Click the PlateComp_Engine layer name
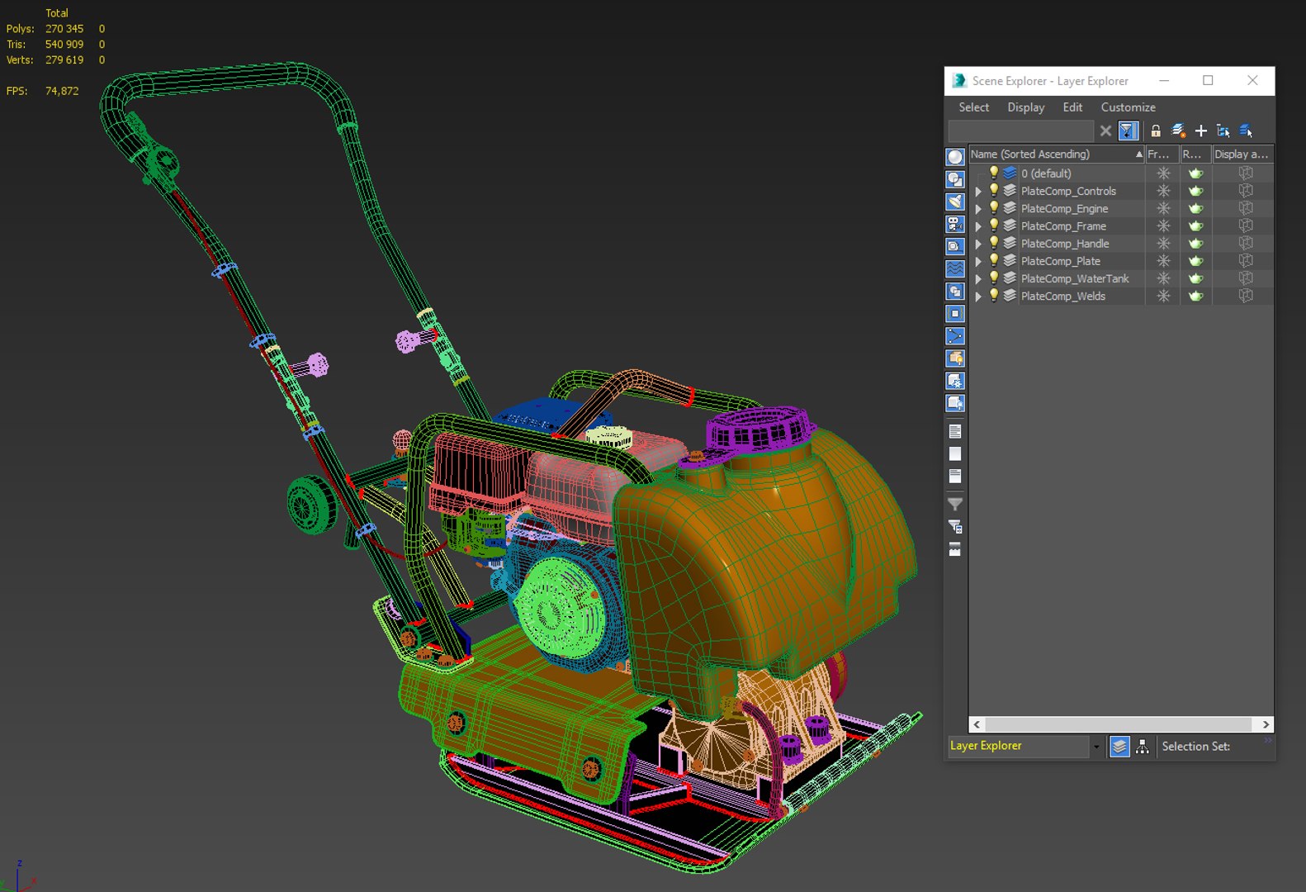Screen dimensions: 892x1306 click(1064, 209)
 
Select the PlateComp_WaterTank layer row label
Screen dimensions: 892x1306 click(1074, 279)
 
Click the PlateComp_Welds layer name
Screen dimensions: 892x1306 click(1062, 297)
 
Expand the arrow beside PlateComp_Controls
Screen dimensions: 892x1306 click(978, 192)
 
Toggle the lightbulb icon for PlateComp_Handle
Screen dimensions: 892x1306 click(994, 243)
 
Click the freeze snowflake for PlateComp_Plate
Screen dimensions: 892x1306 click(1163, 261)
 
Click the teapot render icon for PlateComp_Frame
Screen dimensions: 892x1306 click(1195, 226)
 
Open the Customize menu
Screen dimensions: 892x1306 click(1128, 107)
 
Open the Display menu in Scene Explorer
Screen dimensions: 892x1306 click(1025, 107)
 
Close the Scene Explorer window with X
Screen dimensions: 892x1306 click(1252, 80)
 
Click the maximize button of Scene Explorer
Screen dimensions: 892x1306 click(1208, 80)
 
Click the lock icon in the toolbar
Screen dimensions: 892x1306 click(1156, 130)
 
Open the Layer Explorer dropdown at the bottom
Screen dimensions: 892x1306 click(1096, 747)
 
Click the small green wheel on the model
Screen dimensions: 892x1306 click(311, 503)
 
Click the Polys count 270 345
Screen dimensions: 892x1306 click(64, 29)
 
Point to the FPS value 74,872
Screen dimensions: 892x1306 click(62, 91)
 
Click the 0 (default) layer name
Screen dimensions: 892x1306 click(1046, 173)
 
